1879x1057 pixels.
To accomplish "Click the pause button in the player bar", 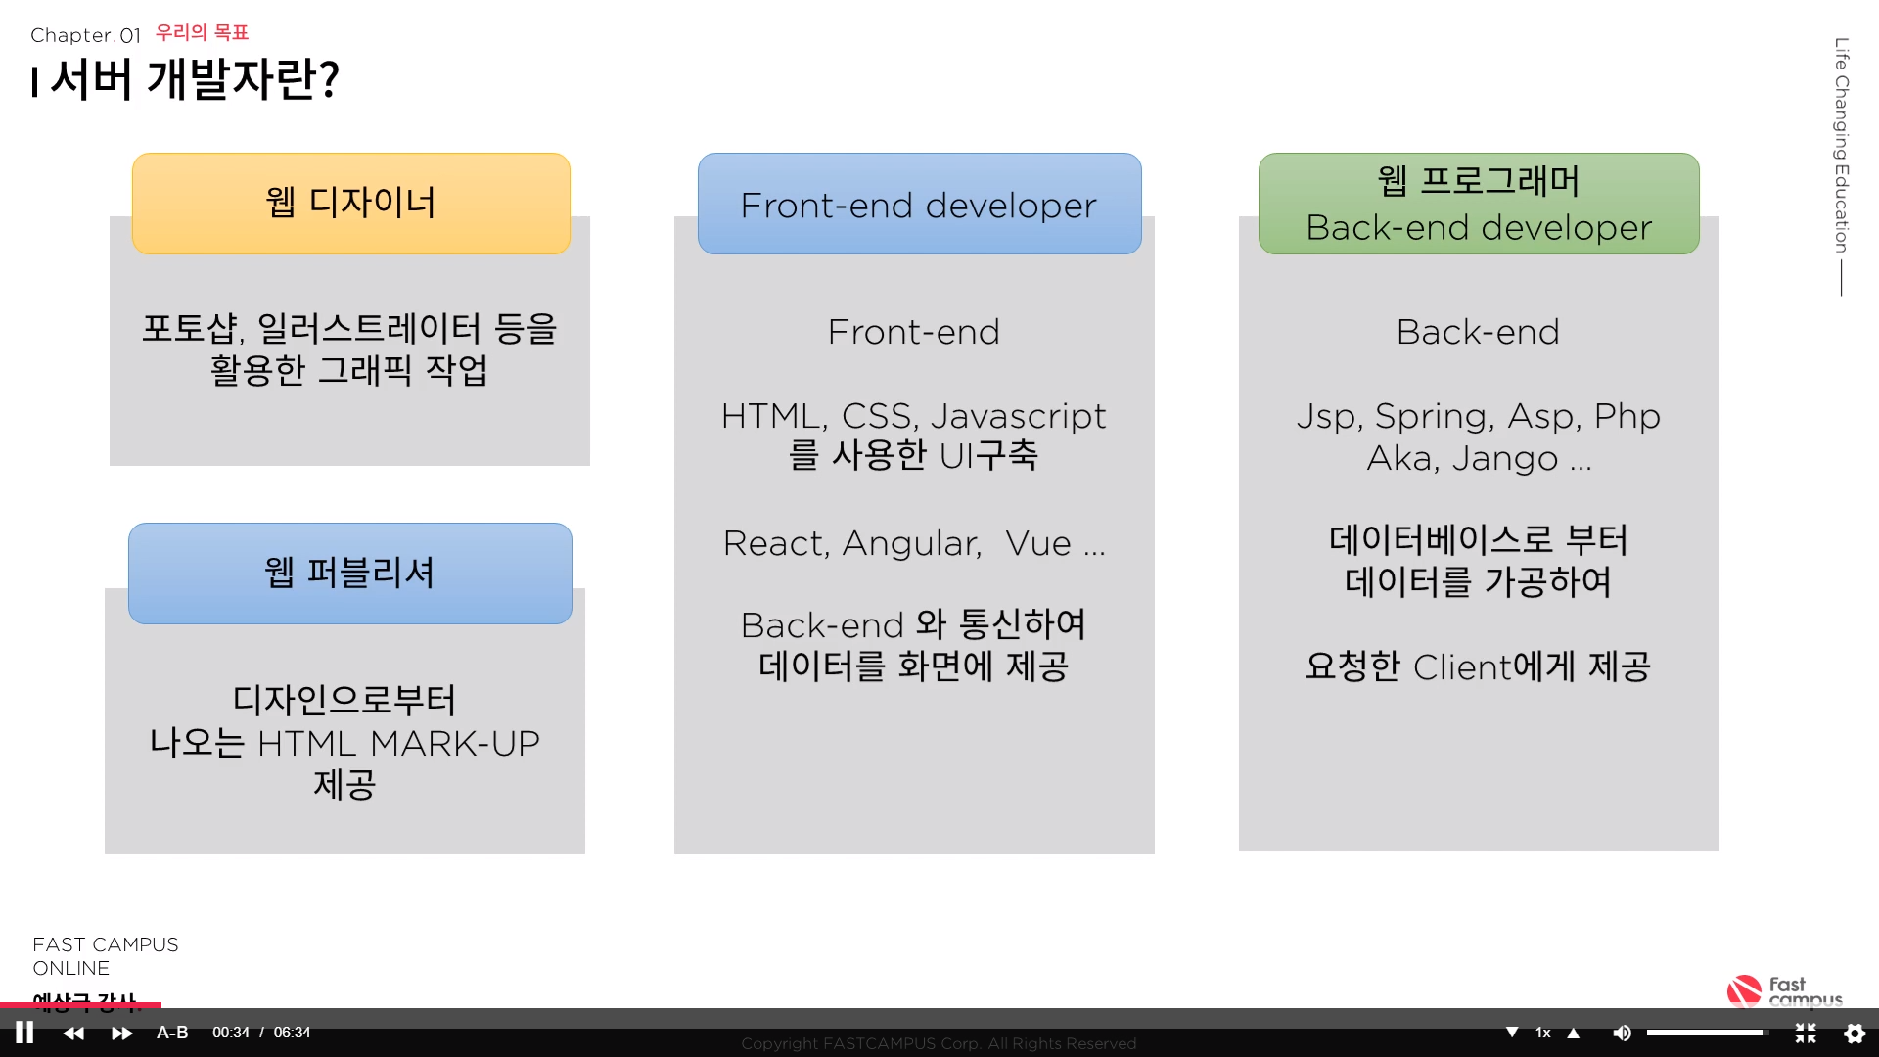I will [x=24, y=1033].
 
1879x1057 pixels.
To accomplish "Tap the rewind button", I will [x=73, y=1034].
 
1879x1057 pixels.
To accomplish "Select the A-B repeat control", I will [x=172, y=1033].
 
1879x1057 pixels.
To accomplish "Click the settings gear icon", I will [x=1855, y=1034].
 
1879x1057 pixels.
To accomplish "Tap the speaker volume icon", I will [x=1622, y=1034].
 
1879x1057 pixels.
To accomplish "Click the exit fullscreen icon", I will [x=1806, y=1034].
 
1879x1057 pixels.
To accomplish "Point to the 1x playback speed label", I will [x=1543, y=1033].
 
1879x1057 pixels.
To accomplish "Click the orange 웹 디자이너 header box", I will [x=351, y=204].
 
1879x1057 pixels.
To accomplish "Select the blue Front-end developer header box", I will [x=919, y=204].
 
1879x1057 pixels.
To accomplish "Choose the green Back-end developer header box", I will [x=1479, y=204].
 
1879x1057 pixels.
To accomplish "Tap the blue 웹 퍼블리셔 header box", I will [x=350, y=574].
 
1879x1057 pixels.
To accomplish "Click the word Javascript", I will [x=1018, y=417].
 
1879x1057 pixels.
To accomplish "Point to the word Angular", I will [x=912, y=544].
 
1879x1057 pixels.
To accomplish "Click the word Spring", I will [x=1434, y=417].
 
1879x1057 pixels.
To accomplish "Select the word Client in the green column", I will [x=1462, y=667].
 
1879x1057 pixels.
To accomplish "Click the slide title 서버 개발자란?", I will [x=194, y=79].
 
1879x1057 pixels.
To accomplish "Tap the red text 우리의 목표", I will [x=202, y=33].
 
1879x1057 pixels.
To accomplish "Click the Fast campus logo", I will [x=1784, y=990].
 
